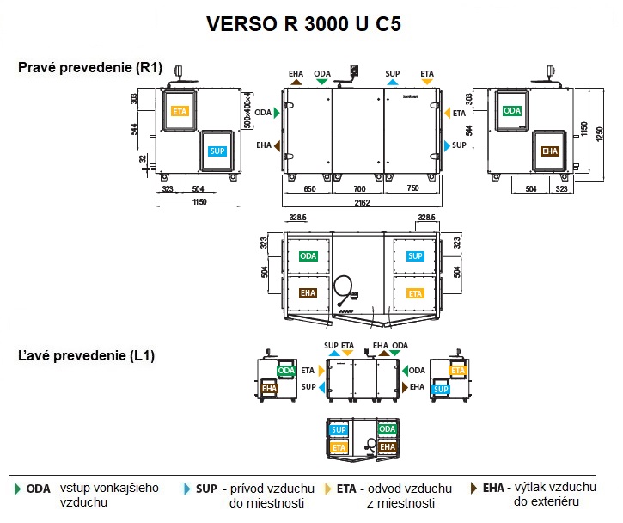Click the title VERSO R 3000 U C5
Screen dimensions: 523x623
[x=302, y=23]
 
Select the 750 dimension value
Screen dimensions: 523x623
[x=412, y=188]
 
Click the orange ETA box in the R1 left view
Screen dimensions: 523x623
[x=180, y=111]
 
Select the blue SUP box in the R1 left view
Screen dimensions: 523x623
[x=217, y=151]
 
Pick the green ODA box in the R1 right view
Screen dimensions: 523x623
[x=512, y=111]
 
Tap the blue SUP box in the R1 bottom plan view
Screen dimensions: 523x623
[x=415, y=256]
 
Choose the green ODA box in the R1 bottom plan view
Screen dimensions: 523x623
[x=308, y=256]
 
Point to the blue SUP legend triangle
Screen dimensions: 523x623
[x=188, y=489]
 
